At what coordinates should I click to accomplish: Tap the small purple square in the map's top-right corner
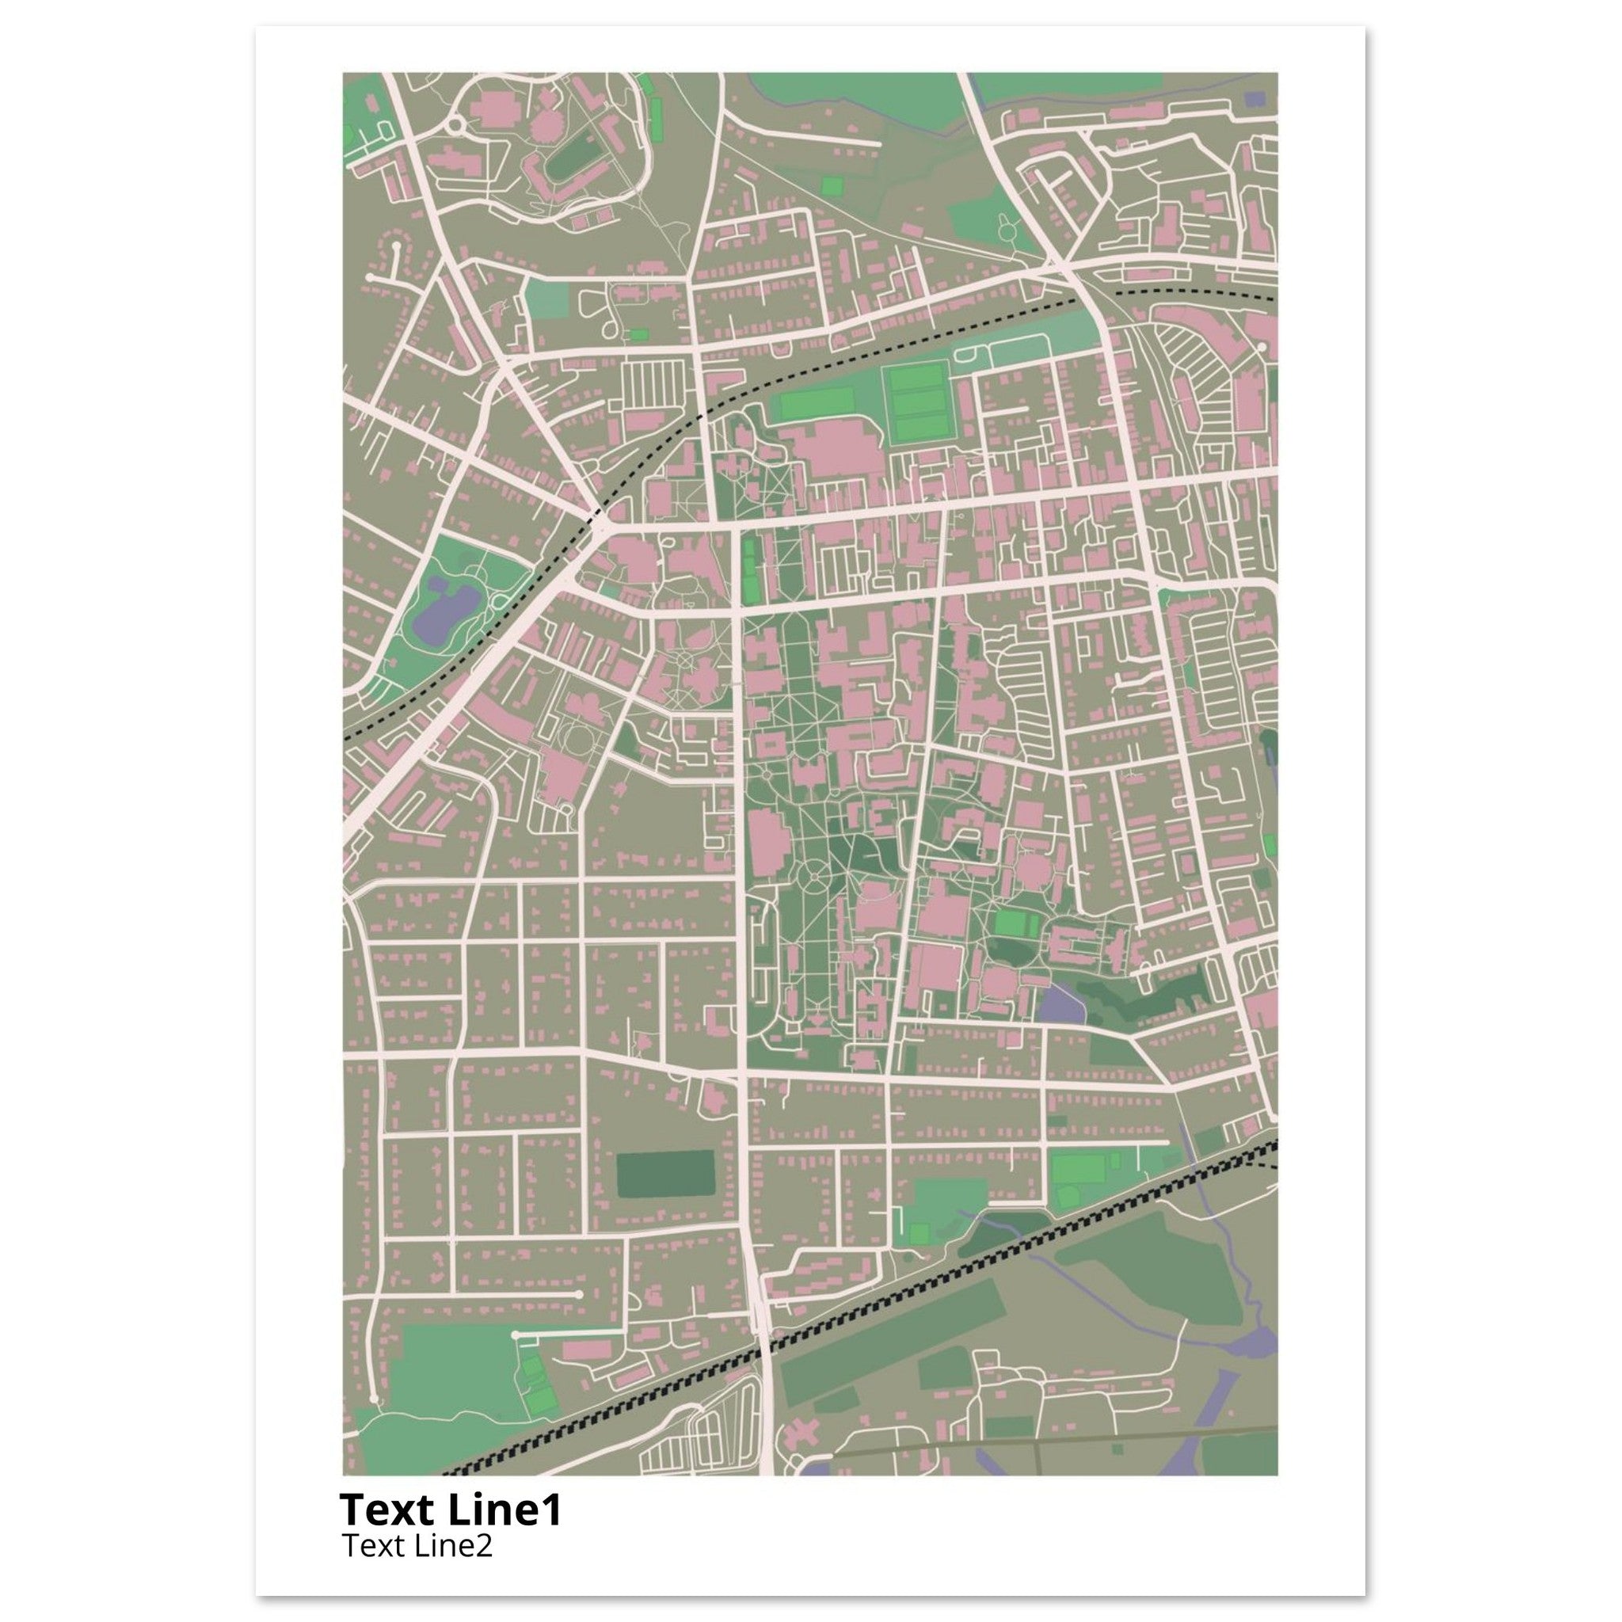(x=1255, y=99)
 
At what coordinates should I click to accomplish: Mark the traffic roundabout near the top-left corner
(x=457, y=126)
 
